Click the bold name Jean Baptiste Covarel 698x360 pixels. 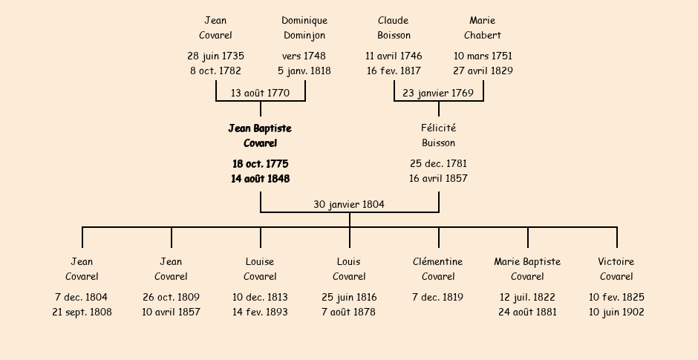[260, 136]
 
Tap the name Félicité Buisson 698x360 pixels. [438, 136]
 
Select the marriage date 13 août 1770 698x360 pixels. [260, 93]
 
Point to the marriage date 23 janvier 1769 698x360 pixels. [438, 93]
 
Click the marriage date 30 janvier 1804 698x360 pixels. [349, 204]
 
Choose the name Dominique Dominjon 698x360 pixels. [304, 27]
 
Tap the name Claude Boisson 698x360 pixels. [394, 27]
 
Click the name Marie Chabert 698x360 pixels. [483, 27]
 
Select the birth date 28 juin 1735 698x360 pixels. [215, 56]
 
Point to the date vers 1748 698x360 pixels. [304, 56]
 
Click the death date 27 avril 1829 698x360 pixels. [483, 71]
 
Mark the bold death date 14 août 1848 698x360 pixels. [261, 178]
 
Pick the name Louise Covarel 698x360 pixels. [260, 269]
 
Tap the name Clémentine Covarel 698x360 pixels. [438, 269]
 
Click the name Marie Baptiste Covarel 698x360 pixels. [527, 269]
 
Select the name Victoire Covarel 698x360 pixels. [616, 269]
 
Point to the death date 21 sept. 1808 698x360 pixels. [82, 312]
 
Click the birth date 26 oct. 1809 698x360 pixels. [171, 297]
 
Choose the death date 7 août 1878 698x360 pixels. [349, 312]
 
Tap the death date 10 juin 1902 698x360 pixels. [616, 312]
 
